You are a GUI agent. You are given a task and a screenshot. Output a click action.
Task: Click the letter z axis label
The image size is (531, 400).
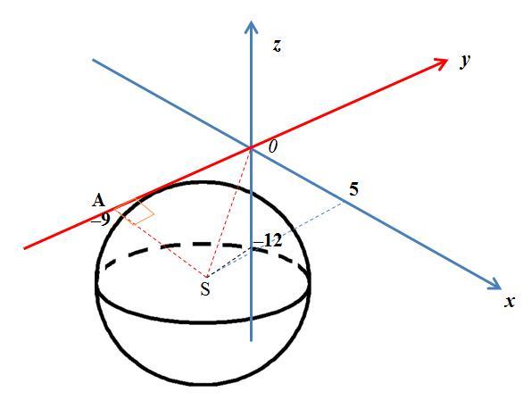(x=277, y=46)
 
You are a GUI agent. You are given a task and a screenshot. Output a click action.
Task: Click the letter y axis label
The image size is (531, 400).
(x=465, y=61)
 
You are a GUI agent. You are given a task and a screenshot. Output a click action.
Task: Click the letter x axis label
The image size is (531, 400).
(x=510, y=301)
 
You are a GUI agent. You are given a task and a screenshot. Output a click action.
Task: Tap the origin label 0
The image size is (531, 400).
(x=273, y=146)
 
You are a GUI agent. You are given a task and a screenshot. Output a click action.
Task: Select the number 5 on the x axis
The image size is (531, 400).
(x=353, y=189)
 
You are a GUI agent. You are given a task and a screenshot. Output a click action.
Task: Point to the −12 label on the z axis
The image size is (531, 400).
(x=268, y=241)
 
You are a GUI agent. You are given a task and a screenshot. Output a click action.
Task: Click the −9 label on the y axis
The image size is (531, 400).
(x=101, y=221)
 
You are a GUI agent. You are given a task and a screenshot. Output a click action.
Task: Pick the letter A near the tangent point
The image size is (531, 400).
(x=98, y=201)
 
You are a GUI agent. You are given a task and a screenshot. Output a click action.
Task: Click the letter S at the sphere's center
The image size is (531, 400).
(x=205, y=289)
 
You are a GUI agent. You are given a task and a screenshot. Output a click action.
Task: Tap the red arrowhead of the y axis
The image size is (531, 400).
(x=441, y=63)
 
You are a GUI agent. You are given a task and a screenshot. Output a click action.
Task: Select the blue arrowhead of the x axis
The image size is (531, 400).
(x=494, y=284)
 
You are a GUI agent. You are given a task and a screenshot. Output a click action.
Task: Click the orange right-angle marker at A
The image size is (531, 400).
(x=135, y=211)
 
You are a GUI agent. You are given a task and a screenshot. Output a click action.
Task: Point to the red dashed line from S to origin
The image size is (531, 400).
(x=228, y=213)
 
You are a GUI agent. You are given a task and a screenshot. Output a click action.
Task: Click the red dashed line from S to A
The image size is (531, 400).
(x=161, y=243)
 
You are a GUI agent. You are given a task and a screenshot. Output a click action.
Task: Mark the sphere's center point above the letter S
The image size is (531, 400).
(x=205, y=277)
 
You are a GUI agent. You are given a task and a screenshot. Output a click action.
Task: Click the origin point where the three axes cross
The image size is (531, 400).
(x=251, y=148)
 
